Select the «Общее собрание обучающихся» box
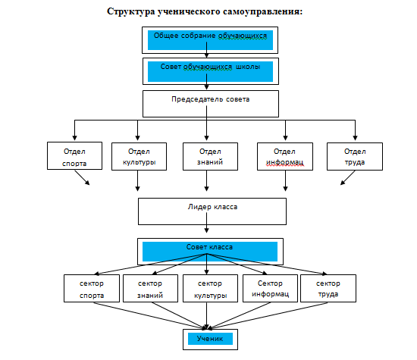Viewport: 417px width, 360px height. (210, 40)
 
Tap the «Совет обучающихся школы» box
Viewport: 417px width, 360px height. (211, 71)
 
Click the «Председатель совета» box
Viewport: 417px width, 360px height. (211, 104)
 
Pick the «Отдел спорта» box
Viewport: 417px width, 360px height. (74, 156)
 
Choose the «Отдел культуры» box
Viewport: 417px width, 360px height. (139, 156)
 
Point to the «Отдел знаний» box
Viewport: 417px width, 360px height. (210, 156)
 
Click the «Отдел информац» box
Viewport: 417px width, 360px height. (285, 156)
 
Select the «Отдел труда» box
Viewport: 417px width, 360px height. (355, 156)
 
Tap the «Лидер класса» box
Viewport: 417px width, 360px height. (212, 211)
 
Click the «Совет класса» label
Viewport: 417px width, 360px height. (209, 247)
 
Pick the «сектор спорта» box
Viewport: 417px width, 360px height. (92, 289)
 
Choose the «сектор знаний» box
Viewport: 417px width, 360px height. (151, 289)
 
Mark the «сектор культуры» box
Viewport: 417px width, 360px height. (210, 289)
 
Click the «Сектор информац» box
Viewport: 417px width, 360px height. (270, 289)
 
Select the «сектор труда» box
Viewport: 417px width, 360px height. (328, 289)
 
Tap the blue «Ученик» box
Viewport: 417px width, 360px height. (210, 339)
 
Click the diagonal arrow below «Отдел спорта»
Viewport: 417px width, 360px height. (82, 177)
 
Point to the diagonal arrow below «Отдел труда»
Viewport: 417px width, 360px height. (347, 177)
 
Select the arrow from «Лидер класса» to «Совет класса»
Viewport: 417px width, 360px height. (207, 223)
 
